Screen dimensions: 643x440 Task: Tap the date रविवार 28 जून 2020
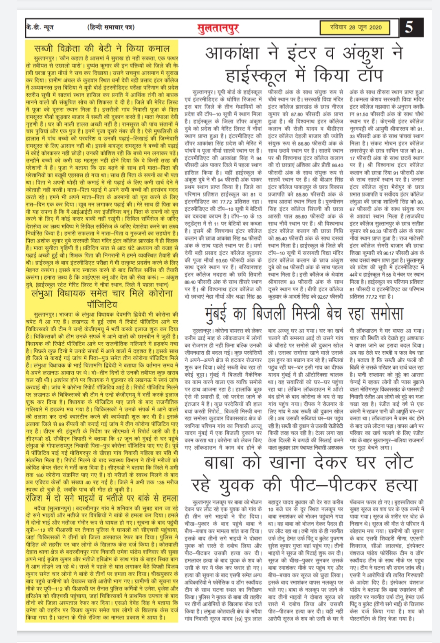356,27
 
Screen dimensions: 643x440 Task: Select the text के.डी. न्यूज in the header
39,27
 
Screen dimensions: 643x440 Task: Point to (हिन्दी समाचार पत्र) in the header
111,27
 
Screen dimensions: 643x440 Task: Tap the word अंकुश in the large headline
360,53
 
